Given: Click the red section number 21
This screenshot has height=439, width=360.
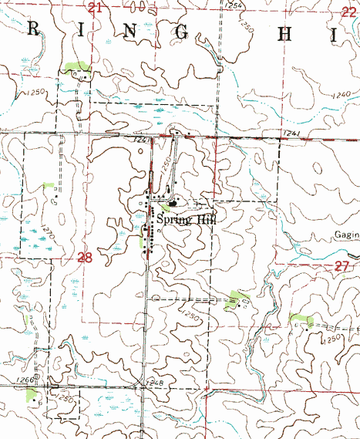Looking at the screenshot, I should click(x=95, y=8).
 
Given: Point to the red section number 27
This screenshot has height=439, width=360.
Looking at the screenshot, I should click(x=343, y=265).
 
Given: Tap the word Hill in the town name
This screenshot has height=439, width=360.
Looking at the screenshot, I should click(x=205, y=220).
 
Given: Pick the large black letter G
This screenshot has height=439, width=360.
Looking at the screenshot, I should click(x=183, y=32).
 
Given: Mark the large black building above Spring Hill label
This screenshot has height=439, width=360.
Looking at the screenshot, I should click(x=172, y=204).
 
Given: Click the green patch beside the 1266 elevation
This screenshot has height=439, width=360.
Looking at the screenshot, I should click(x=31, y=396).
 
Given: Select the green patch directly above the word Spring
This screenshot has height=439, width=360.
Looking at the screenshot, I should click(x=164, y=207).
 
